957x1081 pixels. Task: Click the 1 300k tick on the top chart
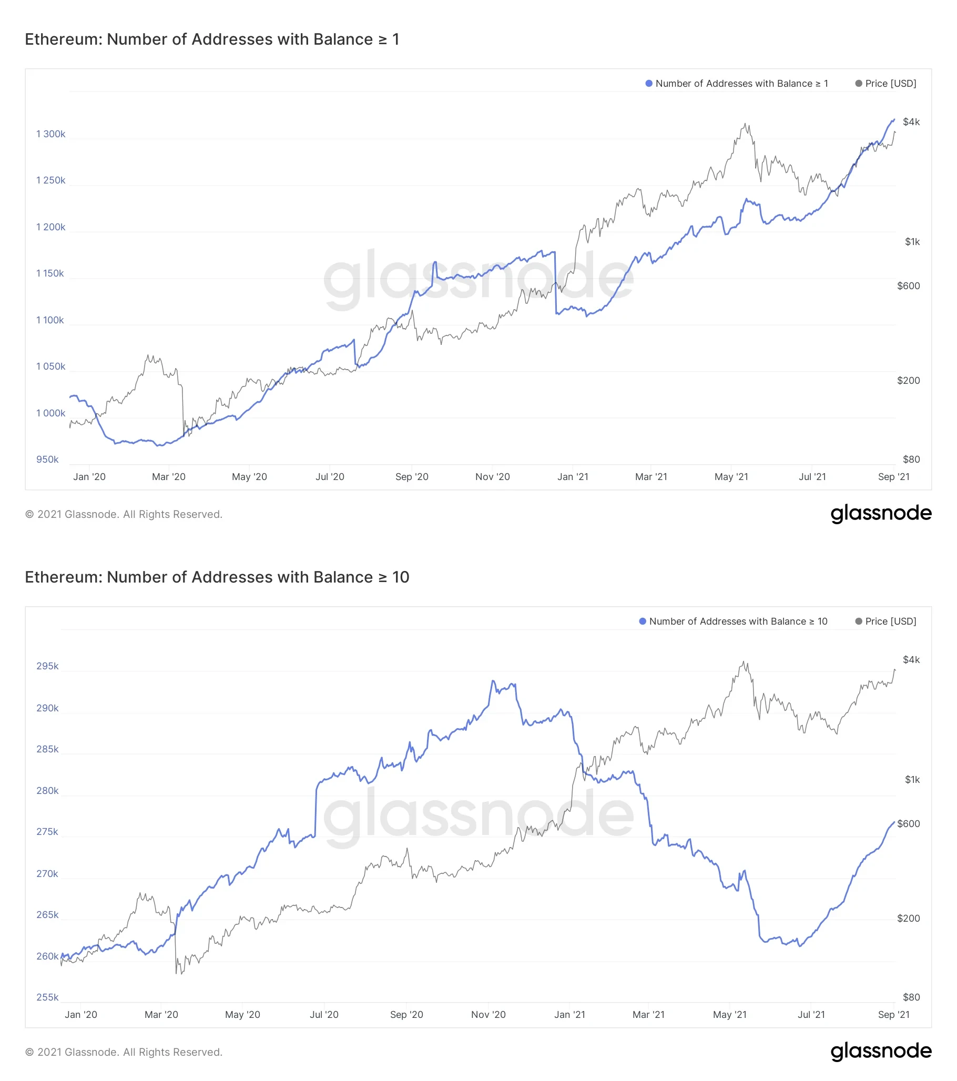tap(51, 134)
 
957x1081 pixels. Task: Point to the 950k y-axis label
tap(47, 460)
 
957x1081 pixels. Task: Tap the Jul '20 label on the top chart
tap(330, 477)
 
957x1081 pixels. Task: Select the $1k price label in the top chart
tap(912, 242)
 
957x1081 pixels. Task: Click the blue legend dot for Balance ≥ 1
tap(648, 84)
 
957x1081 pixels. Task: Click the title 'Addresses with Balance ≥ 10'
tap(217, 577)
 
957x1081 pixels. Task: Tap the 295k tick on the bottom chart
tap(47, 666)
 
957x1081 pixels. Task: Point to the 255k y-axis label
tap(47, 997)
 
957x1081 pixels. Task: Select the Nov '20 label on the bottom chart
tap(488, 1015)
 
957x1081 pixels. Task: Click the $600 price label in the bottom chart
tap(908, 824)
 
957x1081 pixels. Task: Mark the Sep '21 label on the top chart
tap(893, 477)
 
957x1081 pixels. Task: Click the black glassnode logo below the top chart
tap(881, 514)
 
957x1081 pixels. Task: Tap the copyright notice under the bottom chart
tap(124, 1053)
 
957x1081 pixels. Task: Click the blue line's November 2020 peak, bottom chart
tap(493, 681)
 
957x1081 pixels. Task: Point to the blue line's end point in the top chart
tap(894, 119)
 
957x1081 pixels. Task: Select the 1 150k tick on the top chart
tap(50, 273)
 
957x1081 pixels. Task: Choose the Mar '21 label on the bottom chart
tap(648, 1015)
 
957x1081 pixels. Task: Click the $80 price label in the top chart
tap(911, 460)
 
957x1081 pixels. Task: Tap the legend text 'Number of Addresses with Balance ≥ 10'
tap(738, 621)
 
